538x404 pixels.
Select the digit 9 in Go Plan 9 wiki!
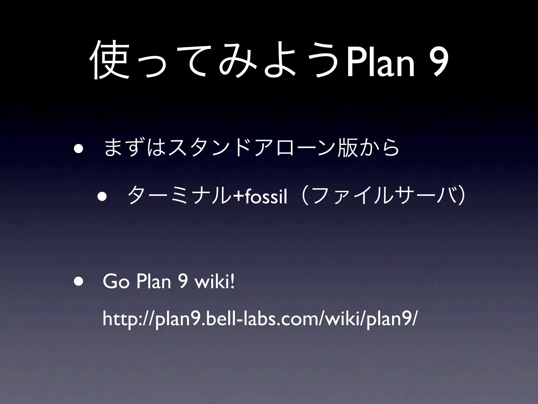click(182, 282)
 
